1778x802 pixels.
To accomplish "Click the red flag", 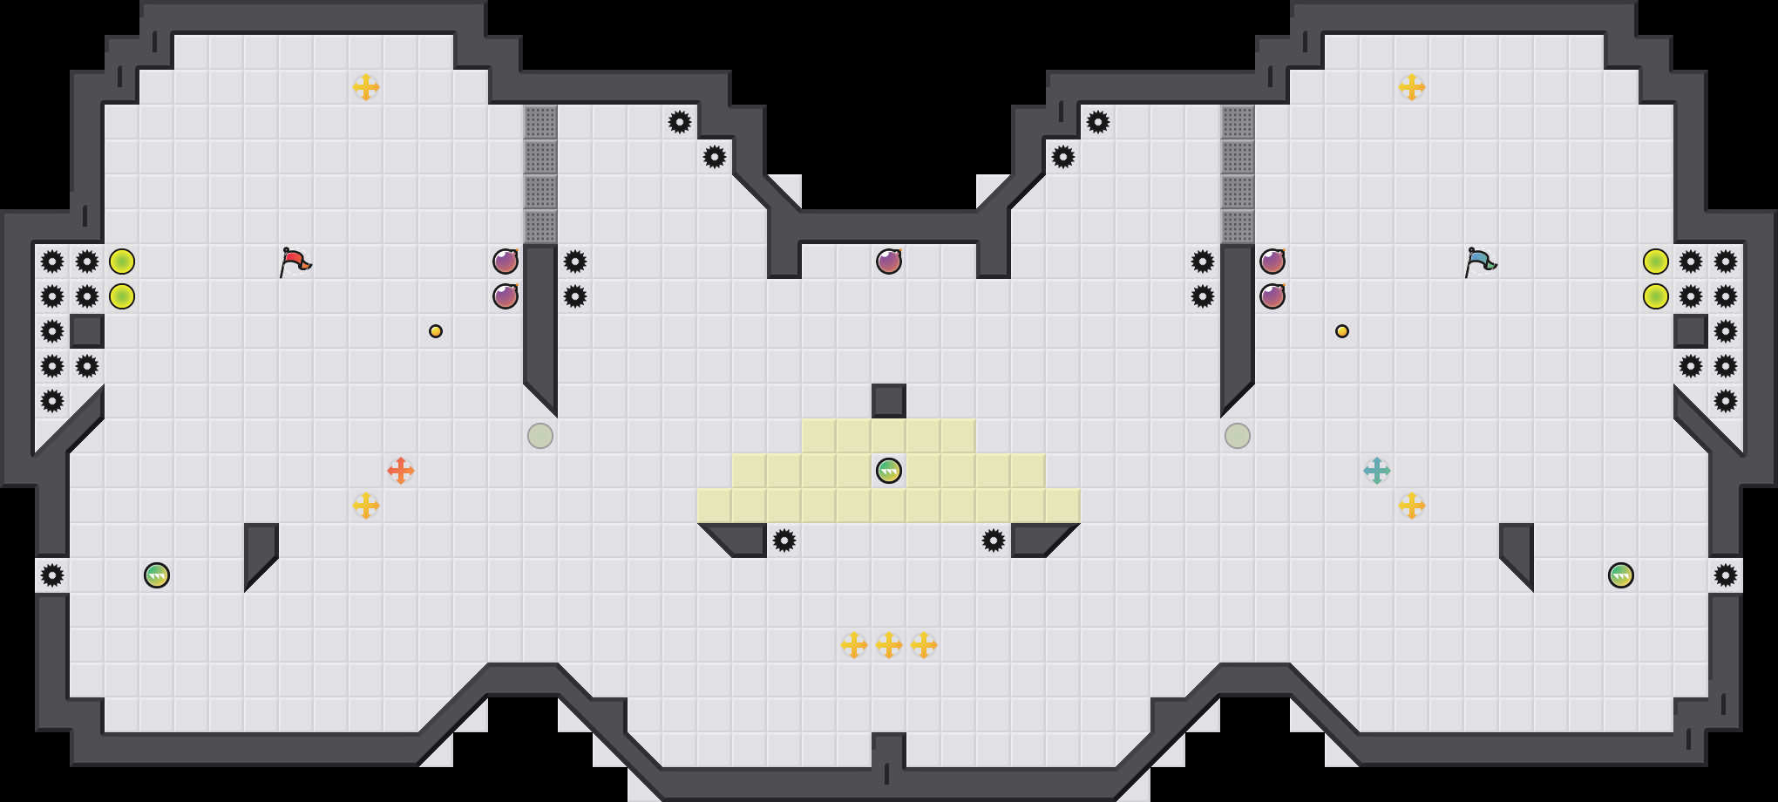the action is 295,261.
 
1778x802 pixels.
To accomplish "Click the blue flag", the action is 1480,261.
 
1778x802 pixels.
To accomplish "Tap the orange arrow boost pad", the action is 401,471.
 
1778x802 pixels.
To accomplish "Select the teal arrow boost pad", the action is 1377,471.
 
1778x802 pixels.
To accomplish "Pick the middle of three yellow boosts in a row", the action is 889,645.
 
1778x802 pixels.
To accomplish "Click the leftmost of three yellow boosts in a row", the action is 854,645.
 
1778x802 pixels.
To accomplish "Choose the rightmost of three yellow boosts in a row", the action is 924,645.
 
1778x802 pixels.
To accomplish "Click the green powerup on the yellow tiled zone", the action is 889,471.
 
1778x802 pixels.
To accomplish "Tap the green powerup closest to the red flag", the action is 157,575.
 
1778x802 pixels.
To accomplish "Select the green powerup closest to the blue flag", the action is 1621,575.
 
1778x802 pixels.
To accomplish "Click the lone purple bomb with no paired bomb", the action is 889,262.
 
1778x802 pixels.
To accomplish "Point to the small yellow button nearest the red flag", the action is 436,331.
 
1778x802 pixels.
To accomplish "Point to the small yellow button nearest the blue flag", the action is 1342,331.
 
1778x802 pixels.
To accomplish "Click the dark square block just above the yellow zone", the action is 889,401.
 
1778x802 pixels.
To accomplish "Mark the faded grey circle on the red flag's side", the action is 540,436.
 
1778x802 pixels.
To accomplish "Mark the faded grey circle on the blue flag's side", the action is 1238,436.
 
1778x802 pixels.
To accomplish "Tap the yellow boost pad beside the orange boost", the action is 366,506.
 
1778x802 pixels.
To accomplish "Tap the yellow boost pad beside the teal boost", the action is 1412,506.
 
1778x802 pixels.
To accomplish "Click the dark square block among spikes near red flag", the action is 87,331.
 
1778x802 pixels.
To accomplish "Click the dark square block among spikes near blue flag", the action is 1691,331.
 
